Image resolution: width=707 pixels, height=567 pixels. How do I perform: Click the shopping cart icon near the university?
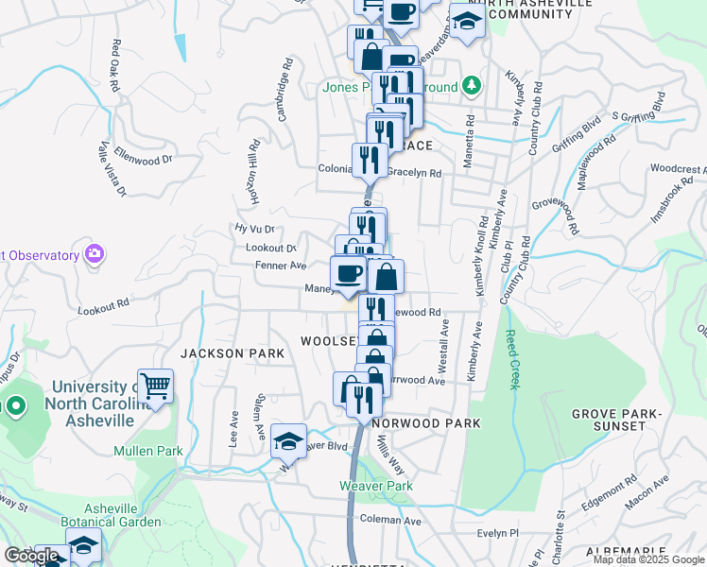155,385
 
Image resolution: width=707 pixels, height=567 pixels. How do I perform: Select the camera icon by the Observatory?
94,254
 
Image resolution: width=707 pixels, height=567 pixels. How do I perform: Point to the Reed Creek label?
511,355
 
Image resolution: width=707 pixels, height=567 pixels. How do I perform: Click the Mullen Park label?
148,451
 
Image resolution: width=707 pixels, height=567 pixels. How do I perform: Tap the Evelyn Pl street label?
499,533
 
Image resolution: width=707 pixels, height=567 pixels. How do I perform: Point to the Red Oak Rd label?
116,65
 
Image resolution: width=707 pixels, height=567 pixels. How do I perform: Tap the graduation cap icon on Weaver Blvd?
288,440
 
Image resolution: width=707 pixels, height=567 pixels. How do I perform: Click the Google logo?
32,556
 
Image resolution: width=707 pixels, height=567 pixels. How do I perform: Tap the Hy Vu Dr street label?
254,229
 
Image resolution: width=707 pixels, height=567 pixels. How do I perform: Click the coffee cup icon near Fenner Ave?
348,272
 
